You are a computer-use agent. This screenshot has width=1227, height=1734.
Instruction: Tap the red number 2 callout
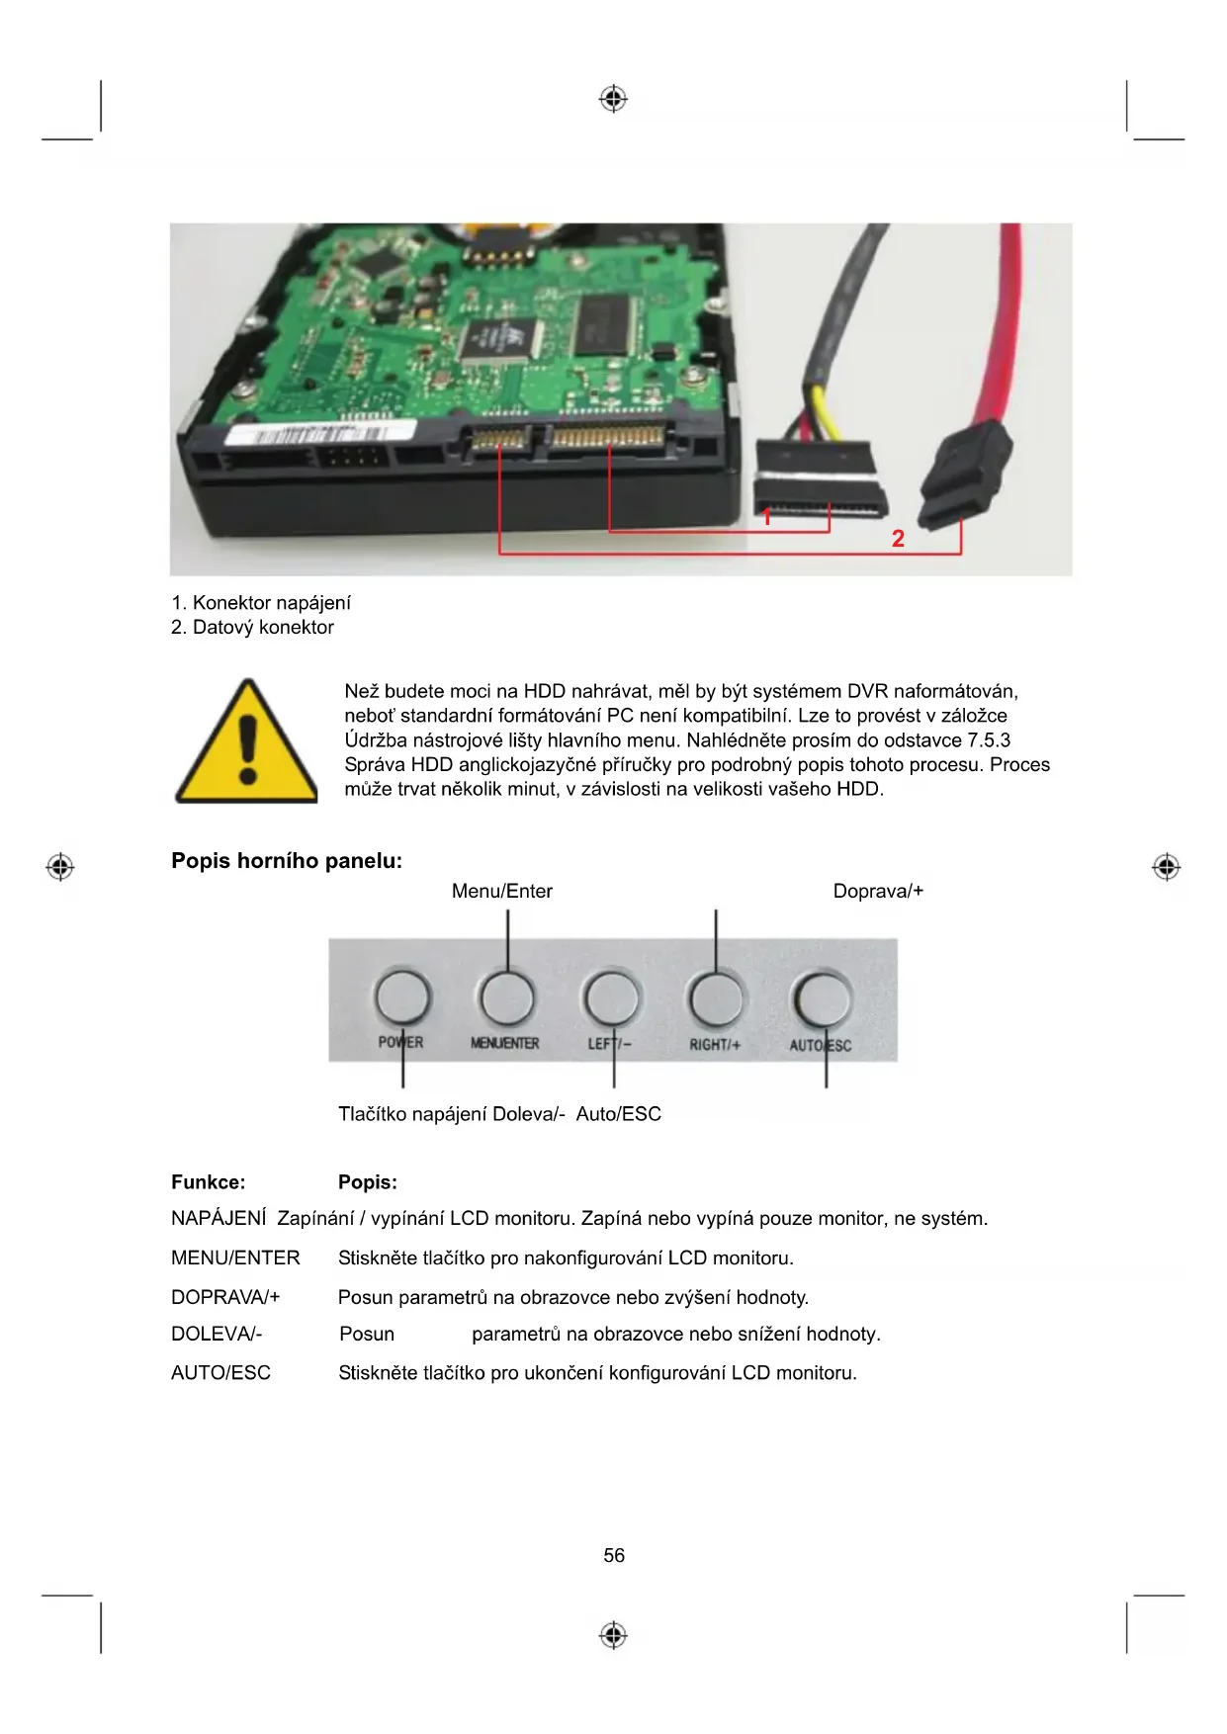tap(898, 539)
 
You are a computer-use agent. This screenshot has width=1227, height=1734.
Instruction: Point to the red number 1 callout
tap(766, 517)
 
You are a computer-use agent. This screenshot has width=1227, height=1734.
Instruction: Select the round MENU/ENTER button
tap(506, 997)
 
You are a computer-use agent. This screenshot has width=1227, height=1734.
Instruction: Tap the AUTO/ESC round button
tap(822, 999)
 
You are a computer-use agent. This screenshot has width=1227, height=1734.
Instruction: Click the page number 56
tap(614, 1556)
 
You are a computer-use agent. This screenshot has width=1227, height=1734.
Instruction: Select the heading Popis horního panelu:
tap(287, 861)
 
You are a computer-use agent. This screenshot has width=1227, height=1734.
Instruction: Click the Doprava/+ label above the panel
tap(878, 891)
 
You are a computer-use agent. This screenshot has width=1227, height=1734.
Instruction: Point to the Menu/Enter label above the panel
tap(501, 891)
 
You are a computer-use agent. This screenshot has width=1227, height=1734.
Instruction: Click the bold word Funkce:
tap(208, 1182)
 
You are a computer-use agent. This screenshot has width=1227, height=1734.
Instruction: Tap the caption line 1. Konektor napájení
tap(261, 603)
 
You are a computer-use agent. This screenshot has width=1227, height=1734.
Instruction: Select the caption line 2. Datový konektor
tap(253, 628)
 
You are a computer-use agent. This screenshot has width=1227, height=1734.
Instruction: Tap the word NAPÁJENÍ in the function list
tap(219, 1219)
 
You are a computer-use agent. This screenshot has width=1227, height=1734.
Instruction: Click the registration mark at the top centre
tap(613, 99)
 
